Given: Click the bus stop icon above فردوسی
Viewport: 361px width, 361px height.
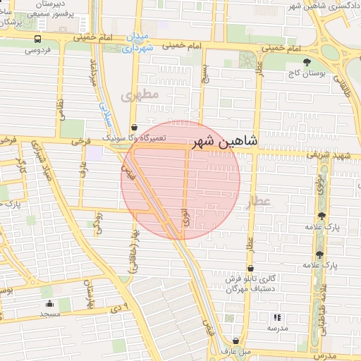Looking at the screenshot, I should [x=37, y=39].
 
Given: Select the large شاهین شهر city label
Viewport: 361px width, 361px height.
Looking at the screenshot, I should [x=225, y=142].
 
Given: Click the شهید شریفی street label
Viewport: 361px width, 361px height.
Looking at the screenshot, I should [x=333, y=155].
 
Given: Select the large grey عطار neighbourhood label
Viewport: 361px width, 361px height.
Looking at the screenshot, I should [x=258, y=202].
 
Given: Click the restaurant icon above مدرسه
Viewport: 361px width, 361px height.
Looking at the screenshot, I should [x=276, y=318].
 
